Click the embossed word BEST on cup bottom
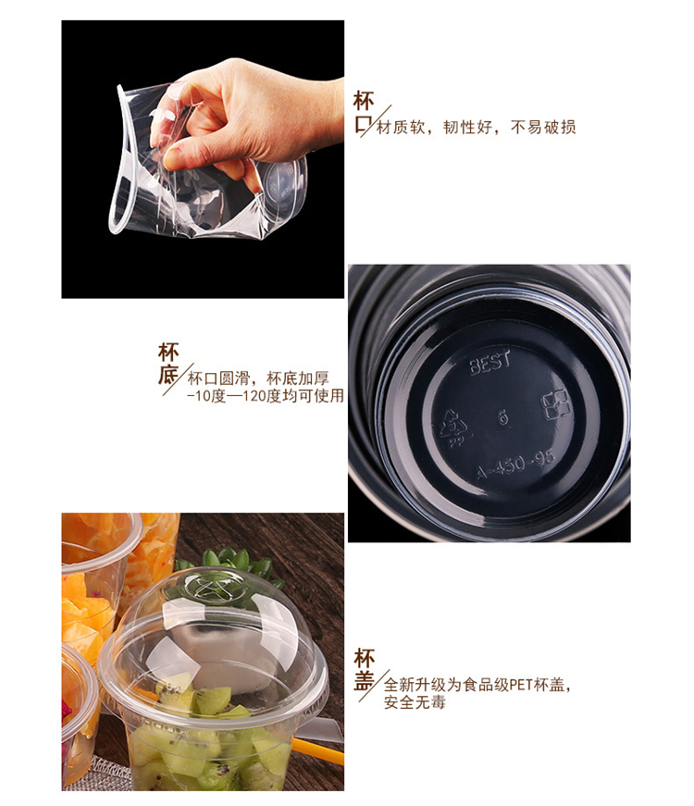490,363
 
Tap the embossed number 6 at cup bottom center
502,416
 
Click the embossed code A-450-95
515,465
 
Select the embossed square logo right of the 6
556,404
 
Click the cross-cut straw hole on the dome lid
211,589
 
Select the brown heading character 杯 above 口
363,101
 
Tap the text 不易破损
543,127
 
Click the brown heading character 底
168,376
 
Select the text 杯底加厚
298,378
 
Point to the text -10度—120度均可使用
266,396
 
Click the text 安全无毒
415,702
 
